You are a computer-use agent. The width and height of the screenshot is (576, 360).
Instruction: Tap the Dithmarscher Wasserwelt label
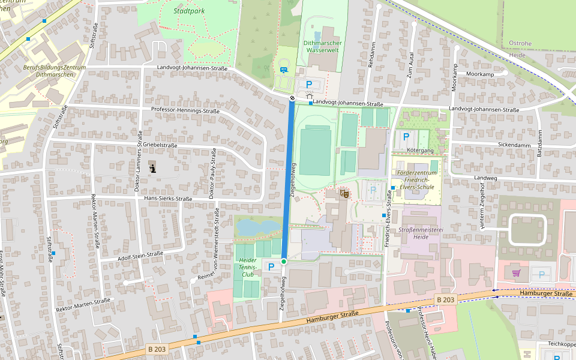pyautogui.click(x=322, y=47)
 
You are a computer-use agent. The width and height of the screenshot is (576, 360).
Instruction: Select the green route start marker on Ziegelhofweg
pyautogui.click(x=284, y=262)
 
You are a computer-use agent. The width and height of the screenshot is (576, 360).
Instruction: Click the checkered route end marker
pyautogui.click(x=292, y=98)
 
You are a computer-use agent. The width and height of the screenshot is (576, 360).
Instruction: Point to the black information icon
pyautogui.click(x=153, y=169)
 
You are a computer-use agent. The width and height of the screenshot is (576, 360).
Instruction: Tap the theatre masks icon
pyautogui.click(x=344, y=193)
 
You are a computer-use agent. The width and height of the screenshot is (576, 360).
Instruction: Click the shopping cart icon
pyautogui.click(x=516, y=274)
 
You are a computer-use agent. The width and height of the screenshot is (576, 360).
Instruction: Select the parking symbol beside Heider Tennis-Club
pyautogui.click(x=270, y=266)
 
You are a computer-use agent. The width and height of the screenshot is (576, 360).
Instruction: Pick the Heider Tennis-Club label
pyautogui.click(x=247, y=267)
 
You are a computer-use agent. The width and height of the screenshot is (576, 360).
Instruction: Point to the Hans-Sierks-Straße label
pyautogui.click(x=163, y=199)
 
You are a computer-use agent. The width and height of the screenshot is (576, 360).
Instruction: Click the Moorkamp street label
pyautogui.click(x=479, y=74)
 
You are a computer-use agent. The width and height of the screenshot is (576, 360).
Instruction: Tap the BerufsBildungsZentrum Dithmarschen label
pyautogui.click(x=55, y=71)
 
